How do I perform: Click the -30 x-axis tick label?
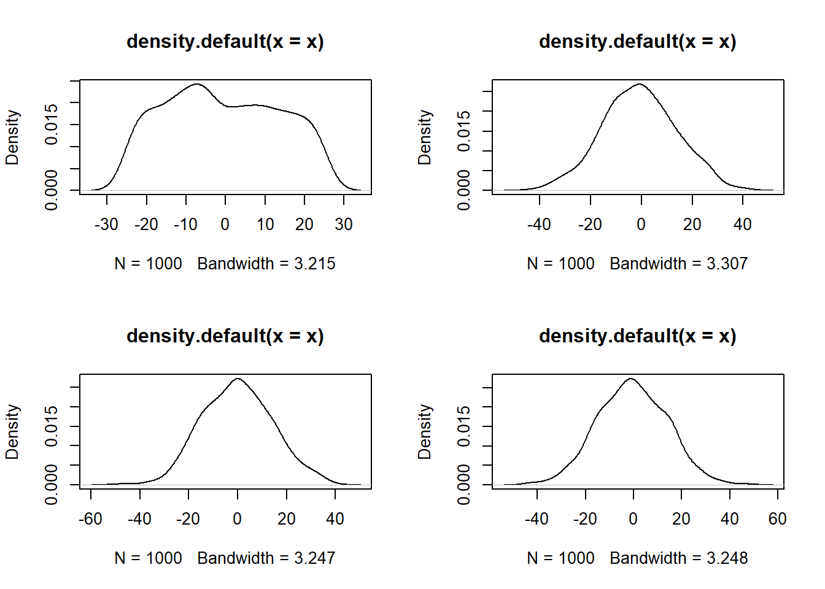[x=106, y=225]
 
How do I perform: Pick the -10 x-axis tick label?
[x=185, y=225]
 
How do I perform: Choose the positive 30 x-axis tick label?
[x=344, y=225]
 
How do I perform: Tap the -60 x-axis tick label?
[x=90, y=519]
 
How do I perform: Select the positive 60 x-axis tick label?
[x=777, y=519]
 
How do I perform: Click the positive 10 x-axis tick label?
[x=265, y=225]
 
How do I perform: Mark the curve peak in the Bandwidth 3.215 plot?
[x=196, y=84]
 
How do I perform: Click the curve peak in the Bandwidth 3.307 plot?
[x=640, y=84]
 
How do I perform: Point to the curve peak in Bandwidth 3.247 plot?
[x=238, y=379]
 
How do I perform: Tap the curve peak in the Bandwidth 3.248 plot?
[x=631, y=379]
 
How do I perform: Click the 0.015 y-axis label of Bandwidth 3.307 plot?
[x=464, y=131]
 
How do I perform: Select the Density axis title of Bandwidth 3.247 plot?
[x=12, y=432]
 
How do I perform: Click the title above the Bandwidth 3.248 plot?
[x=637, y=336]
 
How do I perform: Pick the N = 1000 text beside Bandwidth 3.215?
[x=148, y=264]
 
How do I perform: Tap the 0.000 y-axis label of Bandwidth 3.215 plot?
[x=52, y=190]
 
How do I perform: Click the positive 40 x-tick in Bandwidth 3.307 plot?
[x=742, y=225]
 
